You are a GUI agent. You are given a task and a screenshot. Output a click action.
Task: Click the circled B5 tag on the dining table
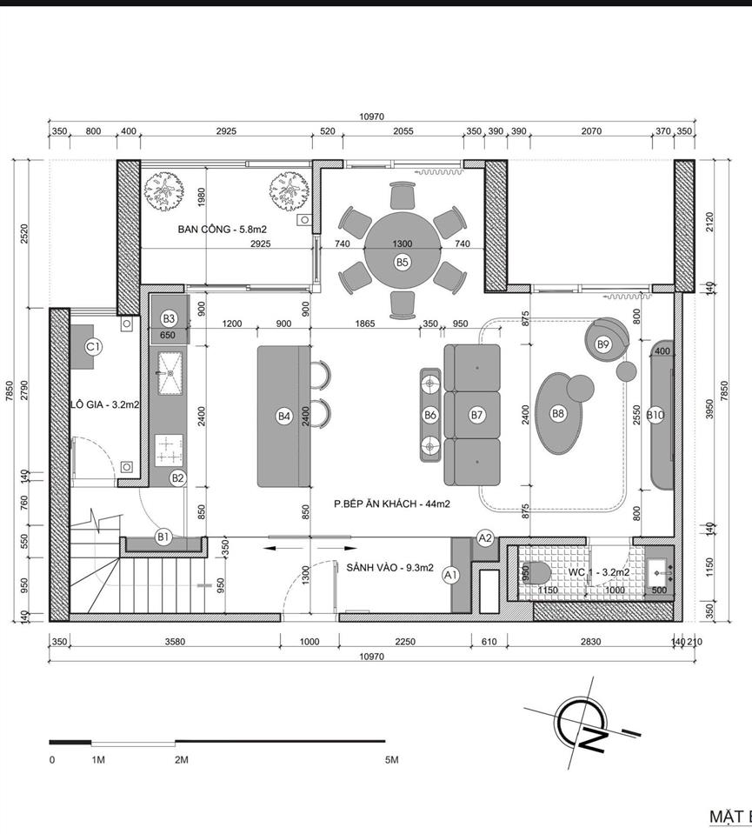tap(402, 261)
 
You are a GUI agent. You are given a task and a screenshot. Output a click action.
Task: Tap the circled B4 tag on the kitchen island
tap(283, 416)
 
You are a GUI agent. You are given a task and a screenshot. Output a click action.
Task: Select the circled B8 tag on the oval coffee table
tap(558, 414)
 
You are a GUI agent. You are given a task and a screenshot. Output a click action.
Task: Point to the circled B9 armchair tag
tap(603, 344)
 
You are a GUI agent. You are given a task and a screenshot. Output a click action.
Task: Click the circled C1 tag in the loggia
tap(93, 346)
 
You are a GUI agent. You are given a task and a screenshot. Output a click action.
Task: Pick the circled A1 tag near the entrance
tap(450, 575)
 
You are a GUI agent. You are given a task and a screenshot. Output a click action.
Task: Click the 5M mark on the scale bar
tap(391, 760)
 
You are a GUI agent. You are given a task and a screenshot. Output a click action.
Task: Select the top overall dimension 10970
tap(371, 117)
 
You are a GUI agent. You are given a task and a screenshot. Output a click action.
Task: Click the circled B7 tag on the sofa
tap(476, 415)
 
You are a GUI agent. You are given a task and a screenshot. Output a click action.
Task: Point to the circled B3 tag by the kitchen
tap(169, 318)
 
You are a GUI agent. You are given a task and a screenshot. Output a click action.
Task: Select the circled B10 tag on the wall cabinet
tap(656, 415)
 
